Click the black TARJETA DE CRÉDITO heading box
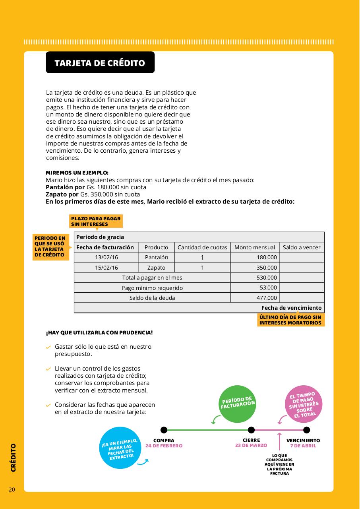[x=100, y=63]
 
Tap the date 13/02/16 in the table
[x=106, y=257]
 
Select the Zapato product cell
[x=157, y=268]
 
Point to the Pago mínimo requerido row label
[x=152, y=288]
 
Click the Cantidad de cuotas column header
[x=202, y=247]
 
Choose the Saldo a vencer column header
[x=302, y=247]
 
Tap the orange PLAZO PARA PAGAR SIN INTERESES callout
[x=96, y=221]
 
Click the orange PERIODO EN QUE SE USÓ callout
[x=50, y=247]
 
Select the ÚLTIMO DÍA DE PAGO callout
[x=290, y=320]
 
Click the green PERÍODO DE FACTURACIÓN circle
[x=238, y=404]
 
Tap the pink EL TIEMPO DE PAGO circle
[x=304, y=404]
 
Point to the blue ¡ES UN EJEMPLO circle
[x=120, y=448]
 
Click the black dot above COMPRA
[x=164, y=430]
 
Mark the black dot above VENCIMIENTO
[x=306, y=430]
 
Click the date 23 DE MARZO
[x=251, y=445]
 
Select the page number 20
[x=12, y=490]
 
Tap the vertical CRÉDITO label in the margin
[x=14, y=457]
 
